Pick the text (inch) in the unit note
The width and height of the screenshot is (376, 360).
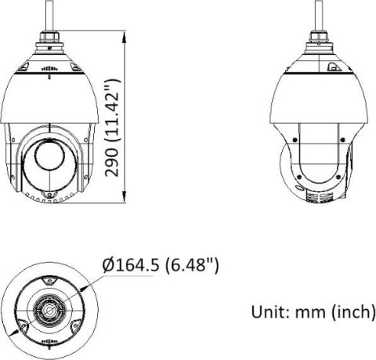(352, 312)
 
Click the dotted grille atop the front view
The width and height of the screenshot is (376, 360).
(50, 67)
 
